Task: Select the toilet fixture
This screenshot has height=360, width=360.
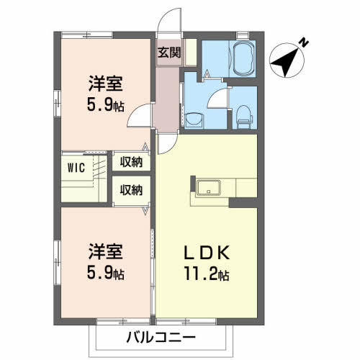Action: point(243,114)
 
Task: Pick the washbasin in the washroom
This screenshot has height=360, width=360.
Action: point(194,119)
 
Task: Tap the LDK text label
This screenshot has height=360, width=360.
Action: point(205,254)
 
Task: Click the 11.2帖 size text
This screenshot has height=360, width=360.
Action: point(205,274)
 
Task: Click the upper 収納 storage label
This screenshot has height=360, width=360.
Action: point(131,162)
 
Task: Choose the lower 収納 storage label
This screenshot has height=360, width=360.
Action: point(131,190)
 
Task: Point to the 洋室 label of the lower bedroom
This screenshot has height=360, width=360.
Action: point(105,253)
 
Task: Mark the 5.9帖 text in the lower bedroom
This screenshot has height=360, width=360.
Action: point(105,274)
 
